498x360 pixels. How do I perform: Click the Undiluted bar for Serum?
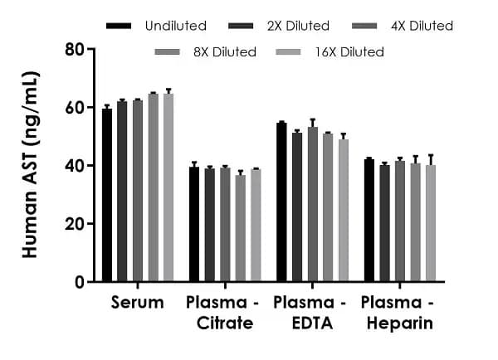tap(107, 196)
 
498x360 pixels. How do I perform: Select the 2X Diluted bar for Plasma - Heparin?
tap(384, 224)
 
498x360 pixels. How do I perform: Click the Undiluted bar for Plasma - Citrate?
tap(194, 225)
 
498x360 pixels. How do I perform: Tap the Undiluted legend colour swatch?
tap(120, 27)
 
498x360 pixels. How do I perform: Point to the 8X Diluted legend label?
tap(220, 52)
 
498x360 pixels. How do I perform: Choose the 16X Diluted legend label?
tap(349, 52)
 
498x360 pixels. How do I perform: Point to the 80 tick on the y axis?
tap(92, 49)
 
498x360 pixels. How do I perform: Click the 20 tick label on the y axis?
tap(75, 224)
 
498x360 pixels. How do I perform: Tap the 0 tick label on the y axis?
tap(80, 282)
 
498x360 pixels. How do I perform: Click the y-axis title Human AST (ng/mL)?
tap(31, 165)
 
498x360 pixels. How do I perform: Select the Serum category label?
tap(138, 303)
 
